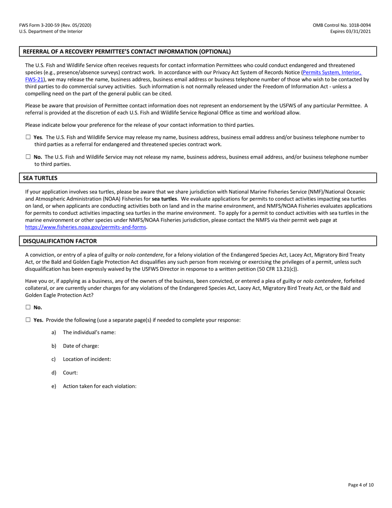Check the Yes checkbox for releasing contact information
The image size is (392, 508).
tap(28, 137)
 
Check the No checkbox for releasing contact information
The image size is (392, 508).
tap(28, 157)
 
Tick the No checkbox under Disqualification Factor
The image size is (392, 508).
tap(28, 307)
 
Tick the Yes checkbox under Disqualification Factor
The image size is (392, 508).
tap(28, 320)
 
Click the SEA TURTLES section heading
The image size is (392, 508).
tap(40, 178)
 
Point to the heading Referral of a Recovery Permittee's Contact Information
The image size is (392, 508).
tap(127, 52)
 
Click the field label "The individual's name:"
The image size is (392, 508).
tap(89, 332)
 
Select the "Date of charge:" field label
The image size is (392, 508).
tap(81, 346)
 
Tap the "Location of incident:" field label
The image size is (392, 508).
tap(87, 359)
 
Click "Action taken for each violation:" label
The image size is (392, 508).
tap(99, 386)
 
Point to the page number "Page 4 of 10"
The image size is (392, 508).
tap(361, 485)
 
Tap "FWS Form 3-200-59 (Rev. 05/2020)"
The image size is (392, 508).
tap(55, 25)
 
